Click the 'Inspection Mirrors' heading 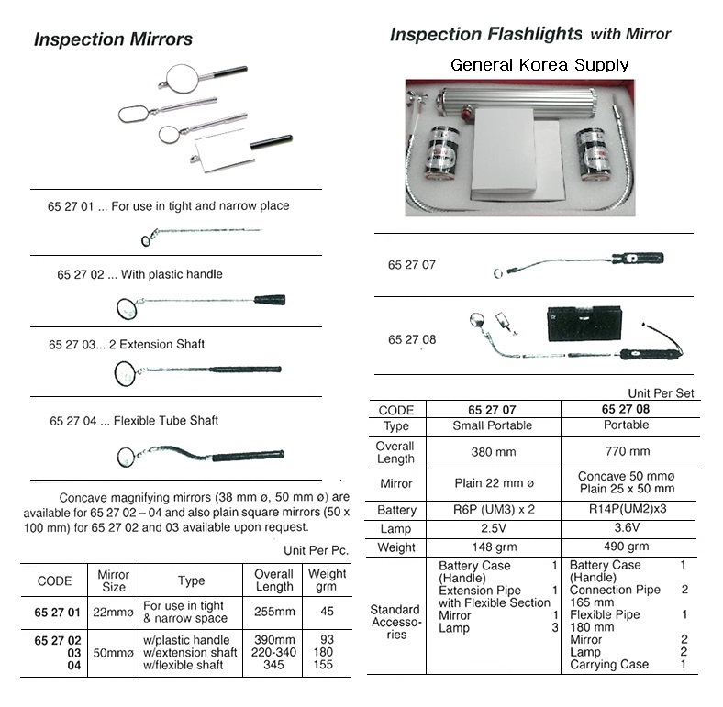(x=113, y=39)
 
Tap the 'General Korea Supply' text (x=539, y=65)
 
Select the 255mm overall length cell (x=274, y=612)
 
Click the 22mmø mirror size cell (x=113, y=612)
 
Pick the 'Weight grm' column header (x=328, y=581)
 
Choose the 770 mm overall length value (x=628, y=451)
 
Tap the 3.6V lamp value (x=628, y=529)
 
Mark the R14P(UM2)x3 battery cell (x=628, y=510)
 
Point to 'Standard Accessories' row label (x=395, y=622)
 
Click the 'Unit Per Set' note (x=661, y=392)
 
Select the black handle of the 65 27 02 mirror (x=269, y=299)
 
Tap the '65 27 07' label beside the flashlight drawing (x=412, y=265)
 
